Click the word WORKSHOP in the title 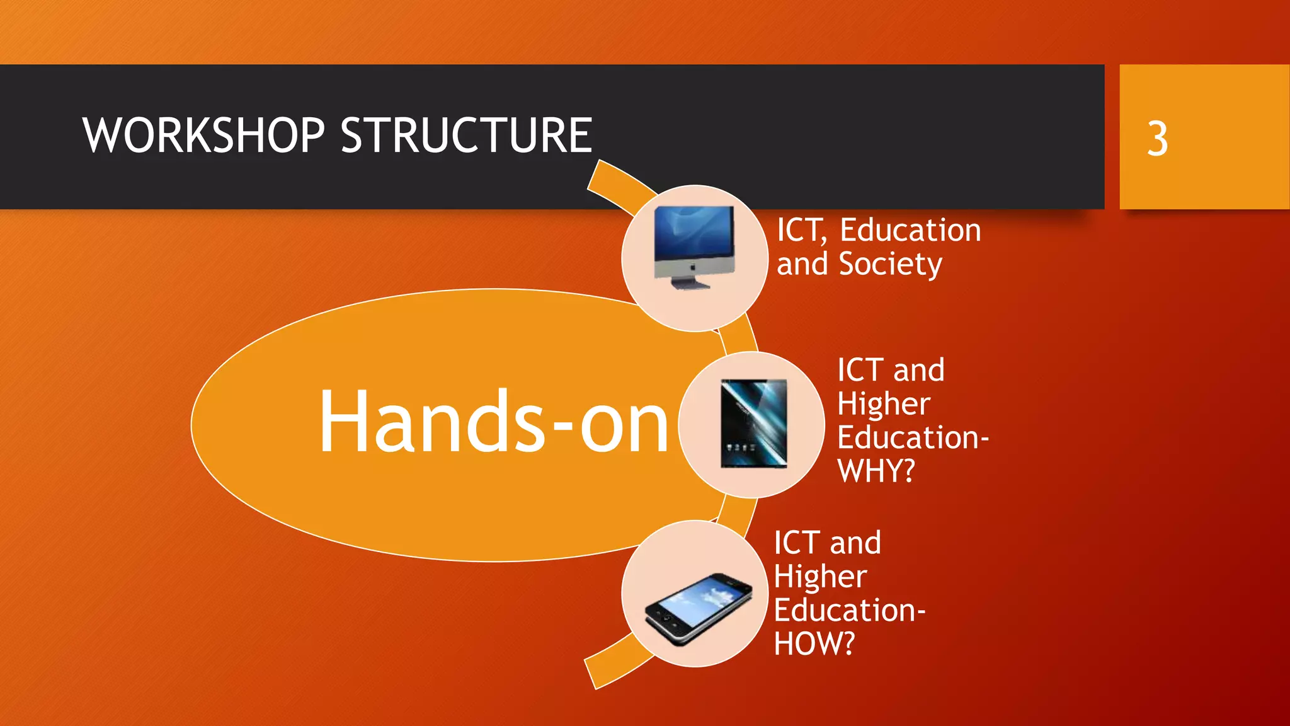click(203, 135)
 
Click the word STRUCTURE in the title click(466, 135)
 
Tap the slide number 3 click(1157, 139)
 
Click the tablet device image click(753, 423)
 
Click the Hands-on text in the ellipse click(493, 422)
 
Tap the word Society click(890, 264)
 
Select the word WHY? click(876, 471)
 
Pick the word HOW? click(814, 643)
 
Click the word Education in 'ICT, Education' click(910, 230)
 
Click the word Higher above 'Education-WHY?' click(883, 404)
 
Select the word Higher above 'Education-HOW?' click(820, 577)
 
